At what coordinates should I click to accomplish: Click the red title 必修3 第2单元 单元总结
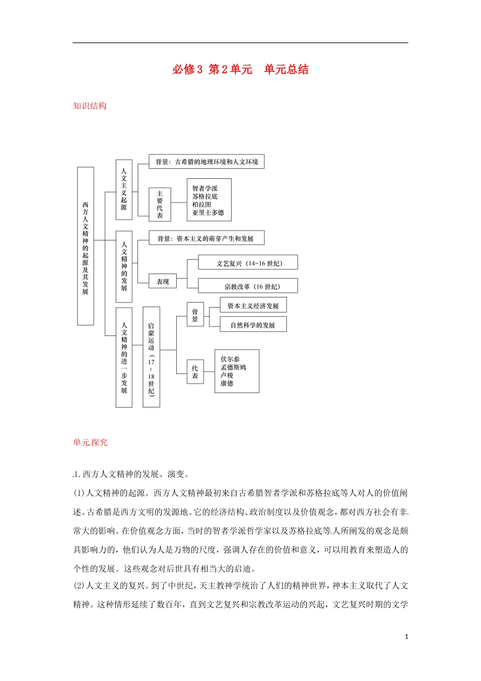pos(240,69)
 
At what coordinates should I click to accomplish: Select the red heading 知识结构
pos(90,106)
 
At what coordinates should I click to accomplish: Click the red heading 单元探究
pos(90,442)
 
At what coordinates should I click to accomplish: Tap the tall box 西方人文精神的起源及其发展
pos(86,246)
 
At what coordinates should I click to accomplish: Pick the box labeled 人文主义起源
pos(124,190)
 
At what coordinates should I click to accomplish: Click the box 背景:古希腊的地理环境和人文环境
pos(207,162)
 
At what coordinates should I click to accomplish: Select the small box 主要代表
pos(160,204)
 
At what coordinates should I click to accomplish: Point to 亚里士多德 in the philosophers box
pos(208,213)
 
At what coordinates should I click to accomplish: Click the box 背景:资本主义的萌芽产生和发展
pos(207,238)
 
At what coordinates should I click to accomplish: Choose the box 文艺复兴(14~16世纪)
pos(248,263)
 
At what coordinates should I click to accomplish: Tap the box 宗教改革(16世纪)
pos(248,286)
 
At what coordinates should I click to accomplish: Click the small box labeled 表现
pos(163,282)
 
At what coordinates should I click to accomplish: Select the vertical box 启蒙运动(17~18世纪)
pos(151,357)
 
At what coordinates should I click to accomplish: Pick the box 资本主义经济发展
pos(253,306)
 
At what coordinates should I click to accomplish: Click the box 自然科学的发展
pos(253,325)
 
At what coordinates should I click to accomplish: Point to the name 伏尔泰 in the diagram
pos(230,359)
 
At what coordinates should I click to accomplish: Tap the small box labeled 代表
pos(195,372)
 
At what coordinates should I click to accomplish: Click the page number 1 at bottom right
pos(406,637)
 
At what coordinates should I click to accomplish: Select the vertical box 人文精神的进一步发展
pos(124,357)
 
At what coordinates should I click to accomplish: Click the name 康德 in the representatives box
pos(226,384)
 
